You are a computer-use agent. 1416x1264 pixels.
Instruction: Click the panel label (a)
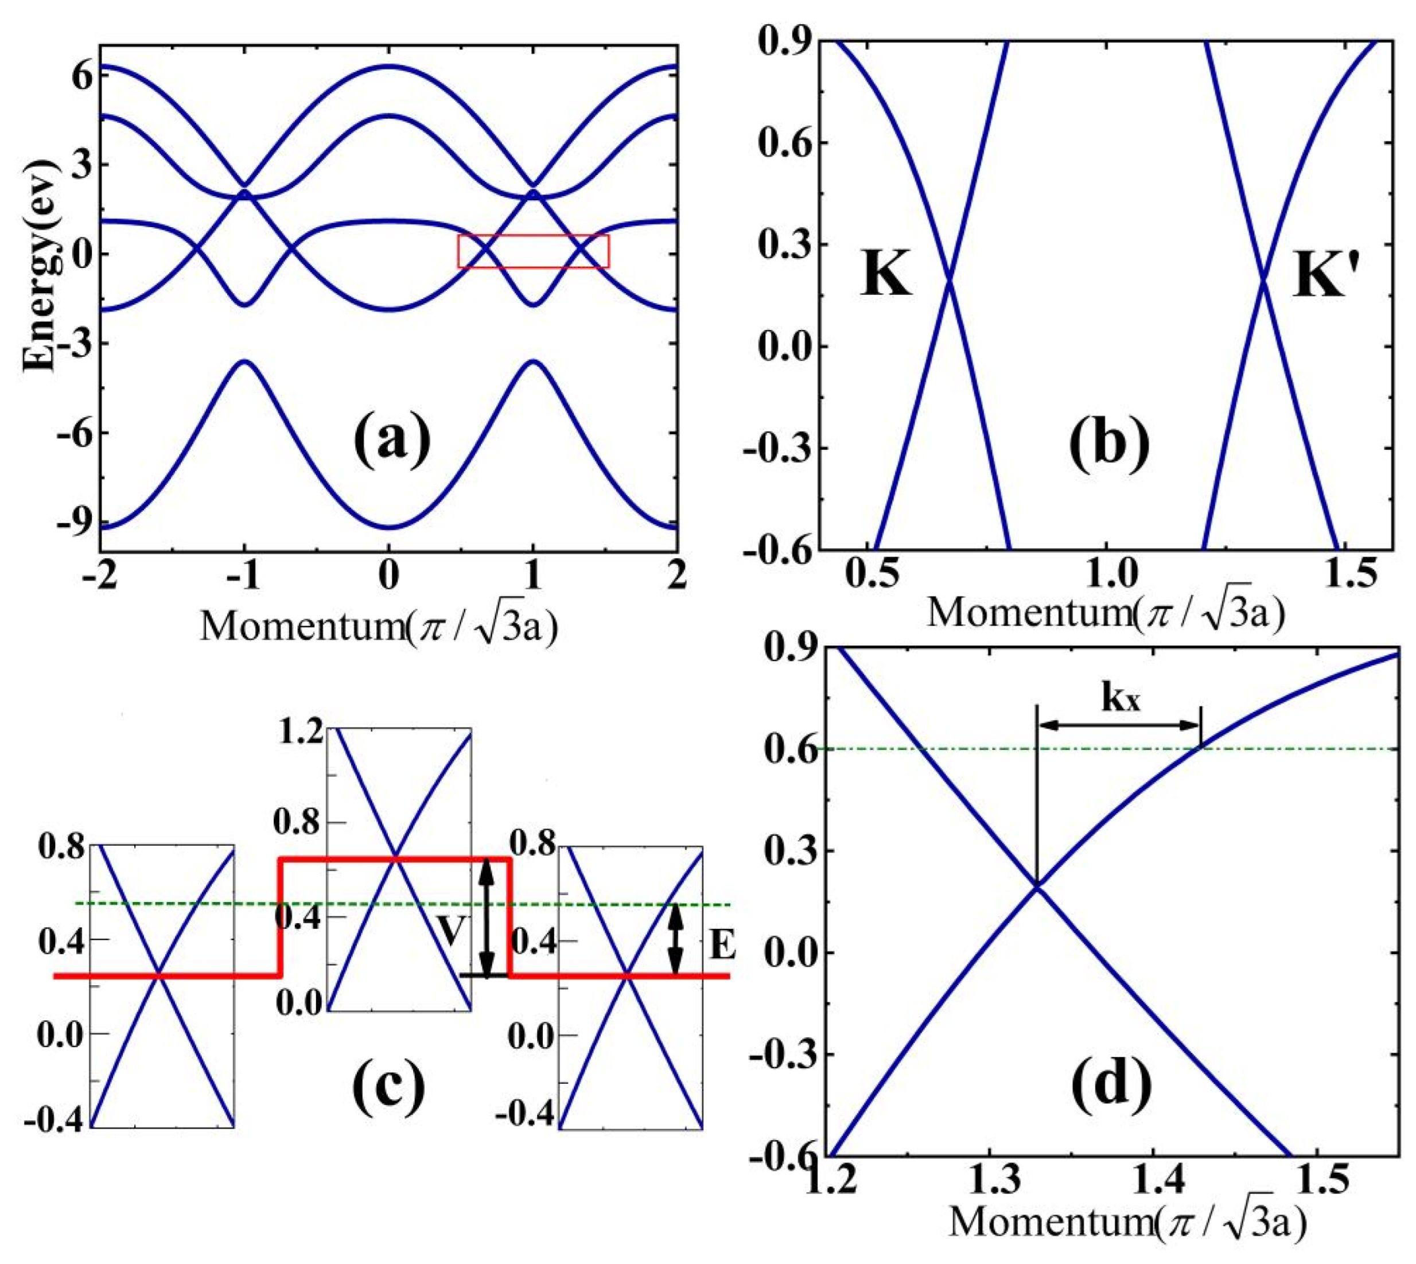click(x=392, y=438)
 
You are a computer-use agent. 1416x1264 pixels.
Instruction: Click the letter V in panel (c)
click(x=452, y=931)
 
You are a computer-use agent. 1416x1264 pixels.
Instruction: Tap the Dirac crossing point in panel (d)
click(x=1037, y=887)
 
